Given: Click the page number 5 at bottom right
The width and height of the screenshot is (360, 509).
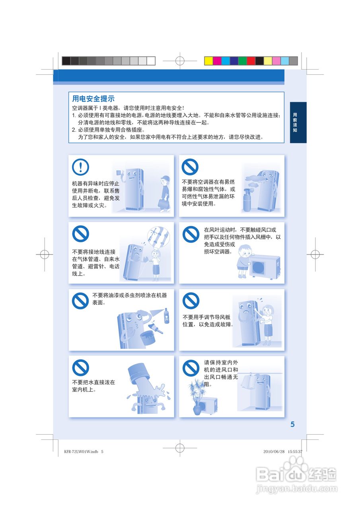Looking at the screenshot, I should pos(292,424).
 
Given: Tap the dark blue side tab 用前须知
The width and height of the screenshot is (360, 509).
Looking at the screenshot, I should pos(295,122).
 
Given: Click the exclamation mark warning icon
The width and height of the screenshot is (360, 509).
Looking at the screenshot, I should pos(81,166).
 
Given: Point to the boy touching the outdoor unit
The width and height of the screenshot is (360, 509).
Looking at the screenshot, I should pos(243,260).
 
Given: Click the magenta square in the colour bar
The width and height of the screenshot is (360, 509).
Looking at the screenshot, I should pos(217,61).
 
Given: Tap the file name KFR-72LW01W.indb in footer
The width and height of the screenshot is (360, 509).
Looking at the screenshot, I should pos(81,452).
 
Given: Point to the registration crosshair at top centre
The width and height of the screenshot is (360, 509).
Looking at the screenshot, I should pos(180,61).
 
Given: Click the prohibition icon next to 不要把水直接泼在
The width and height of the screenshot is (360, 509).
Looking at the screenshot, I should pos(81,368).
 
